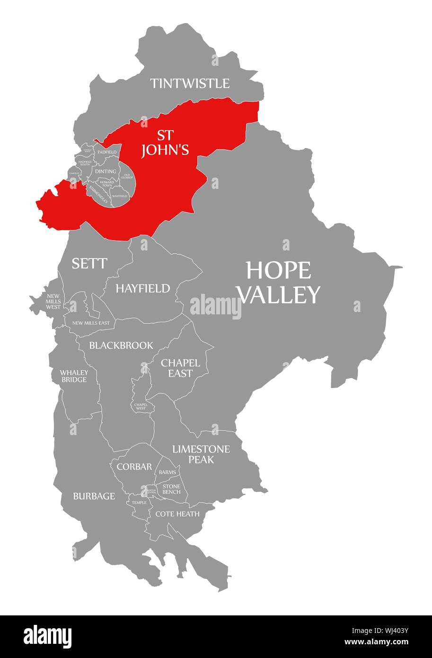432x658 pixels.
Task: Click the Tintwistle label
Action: pyautogui.click(x=190, y=84)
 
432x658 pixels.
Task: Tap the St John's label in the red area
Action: pyautogui.click(x=166, y=143)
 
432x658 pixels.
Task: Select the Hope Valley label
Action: pyautogui.click(x=279, y=282)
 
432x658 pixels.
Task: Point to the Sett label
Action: pyautogui.click(x=89, y=264)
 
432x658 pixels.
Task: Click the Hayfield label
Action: pyautogui.click(x=142, y=288)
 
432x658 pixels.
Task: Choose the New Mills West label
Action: pyautogui.click(x=53, y=301)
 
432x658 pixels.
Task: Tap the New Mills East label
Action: pyautogui.click(x=90, y=323)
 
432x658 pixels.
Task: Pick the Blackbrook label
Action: pyautogui.click(x=121, y=346)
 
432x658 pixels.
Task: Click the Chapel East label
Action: pyautogui.click(x=180, y=368)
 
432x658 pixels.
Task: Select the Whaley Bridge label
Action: pyautogui.click(x=73, y=376)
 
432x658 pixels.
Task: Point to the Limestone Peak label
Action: pyautogui.click(x=201, y=454)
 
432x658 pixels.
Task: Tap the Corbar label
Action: pyautogui.click(x=134, y=467)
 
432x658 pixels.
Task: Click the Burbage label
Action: pyautogui.click(x=94, y=496)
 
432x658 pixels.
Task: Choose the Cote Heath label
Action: pyautogui.click(x=177, y=514)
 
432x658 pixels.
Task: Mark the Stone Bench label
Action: pyautogui.click(x=171, y=489)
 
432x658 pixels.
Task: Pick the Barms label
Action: pyautogui.click(x=168, y=472)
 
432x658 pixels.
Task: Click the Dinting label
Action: pyautogui.click(x=105, y=171)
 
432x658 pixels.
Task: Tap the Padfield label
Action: pyautogui.click(x=106, y=152)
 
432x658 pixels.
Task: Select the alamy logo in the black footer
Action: pyautogui.click(x=48, y=636)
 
